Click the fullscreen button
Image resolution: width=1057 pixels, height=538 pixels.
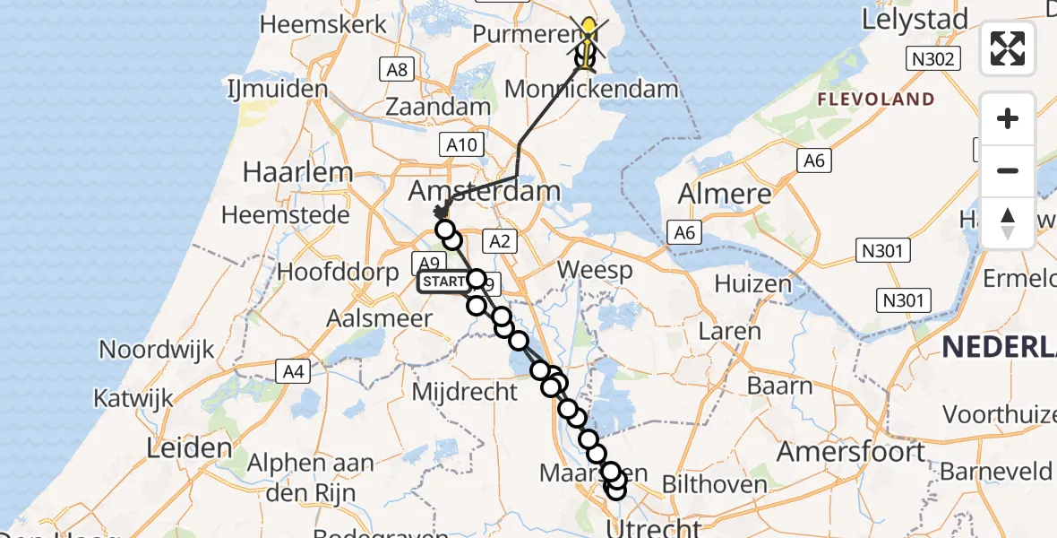click(x=1008, y=48)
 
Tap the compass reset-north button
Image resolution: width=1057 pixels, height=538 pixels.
click(x=1008, y=222)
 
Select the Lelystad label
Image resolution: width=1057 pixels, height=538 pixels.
click(x=915, y=19)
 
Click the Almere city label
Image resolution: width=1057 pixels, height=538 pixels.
click(x=725, y=194)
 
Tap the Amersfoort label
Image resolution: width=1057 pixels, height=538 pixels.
click(x=850, y=451)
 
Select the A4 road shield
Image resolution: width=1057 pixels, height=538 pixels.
click(x=293, y=369)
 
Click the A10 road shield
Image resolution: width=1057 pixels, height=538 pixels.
click(x=464, y=144)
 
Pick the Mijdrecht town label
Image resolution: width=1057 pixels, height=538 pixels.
click(x=464, y=391)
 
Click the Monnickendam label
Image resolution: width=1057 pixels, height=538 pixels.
click(x=591, y=90)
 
